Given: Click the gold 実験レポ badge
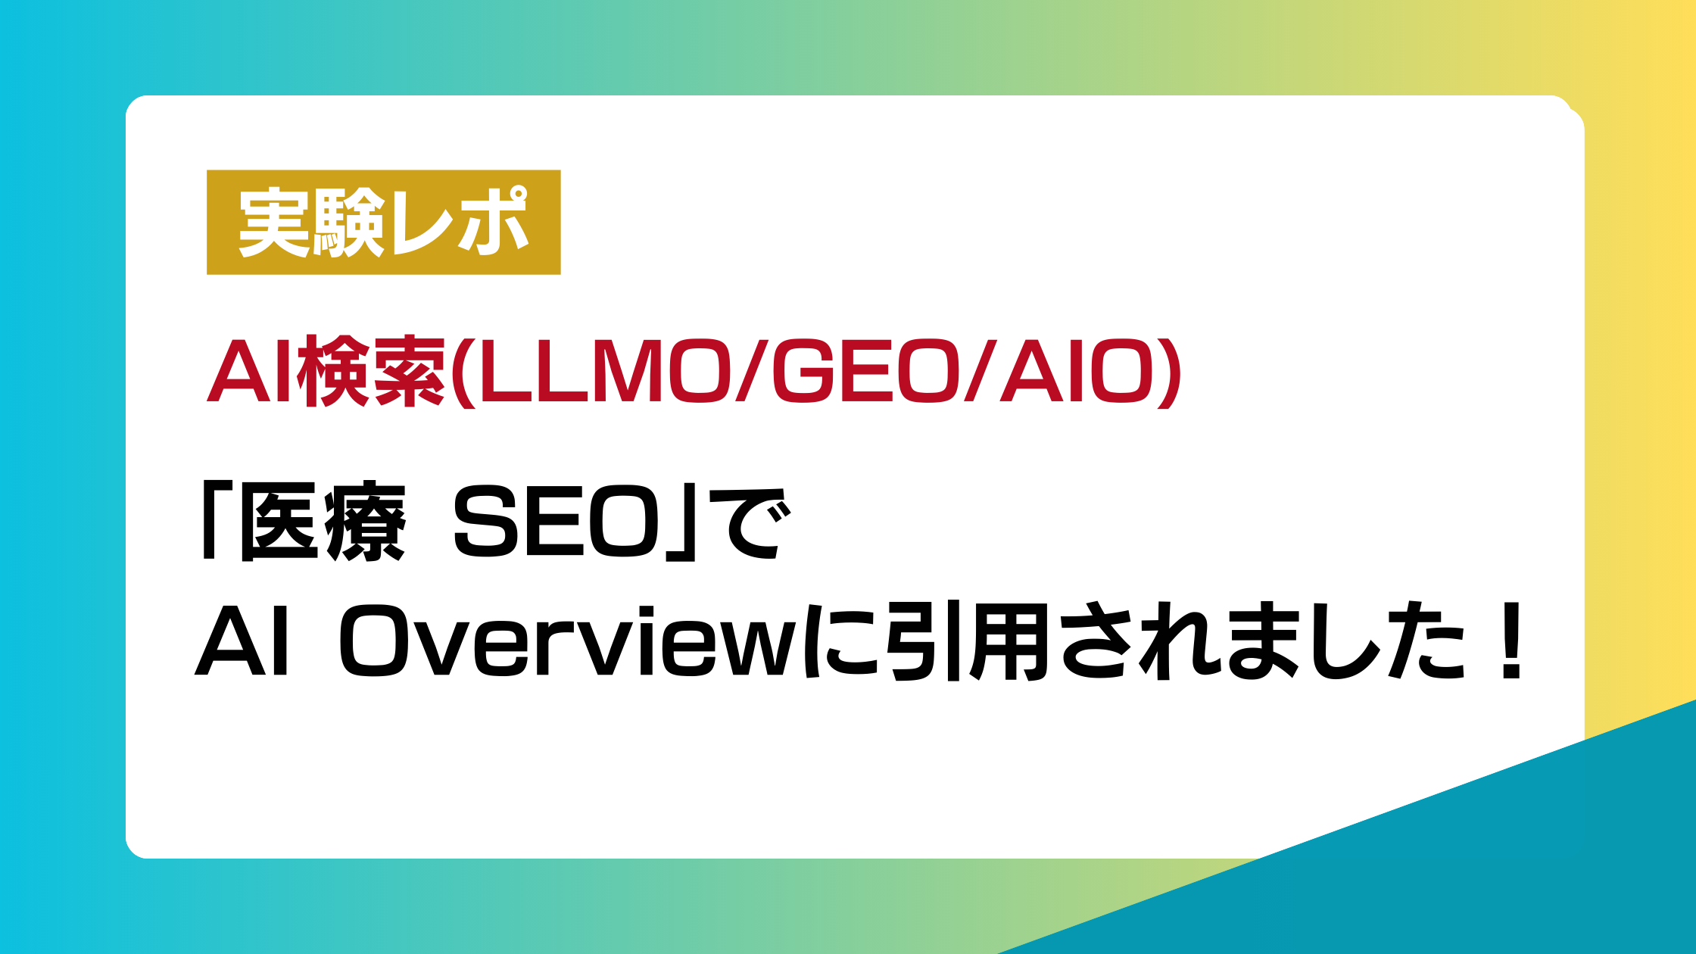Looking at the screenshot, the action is (x=384, y=222).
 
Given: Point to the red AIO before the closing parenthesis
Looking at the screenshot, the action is (x=1076, y=371).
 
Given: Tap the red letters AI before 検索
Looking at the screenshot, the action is (x=250, y=371).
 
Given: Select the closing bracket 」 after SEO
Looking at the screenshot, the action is (x=680, y=522).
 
